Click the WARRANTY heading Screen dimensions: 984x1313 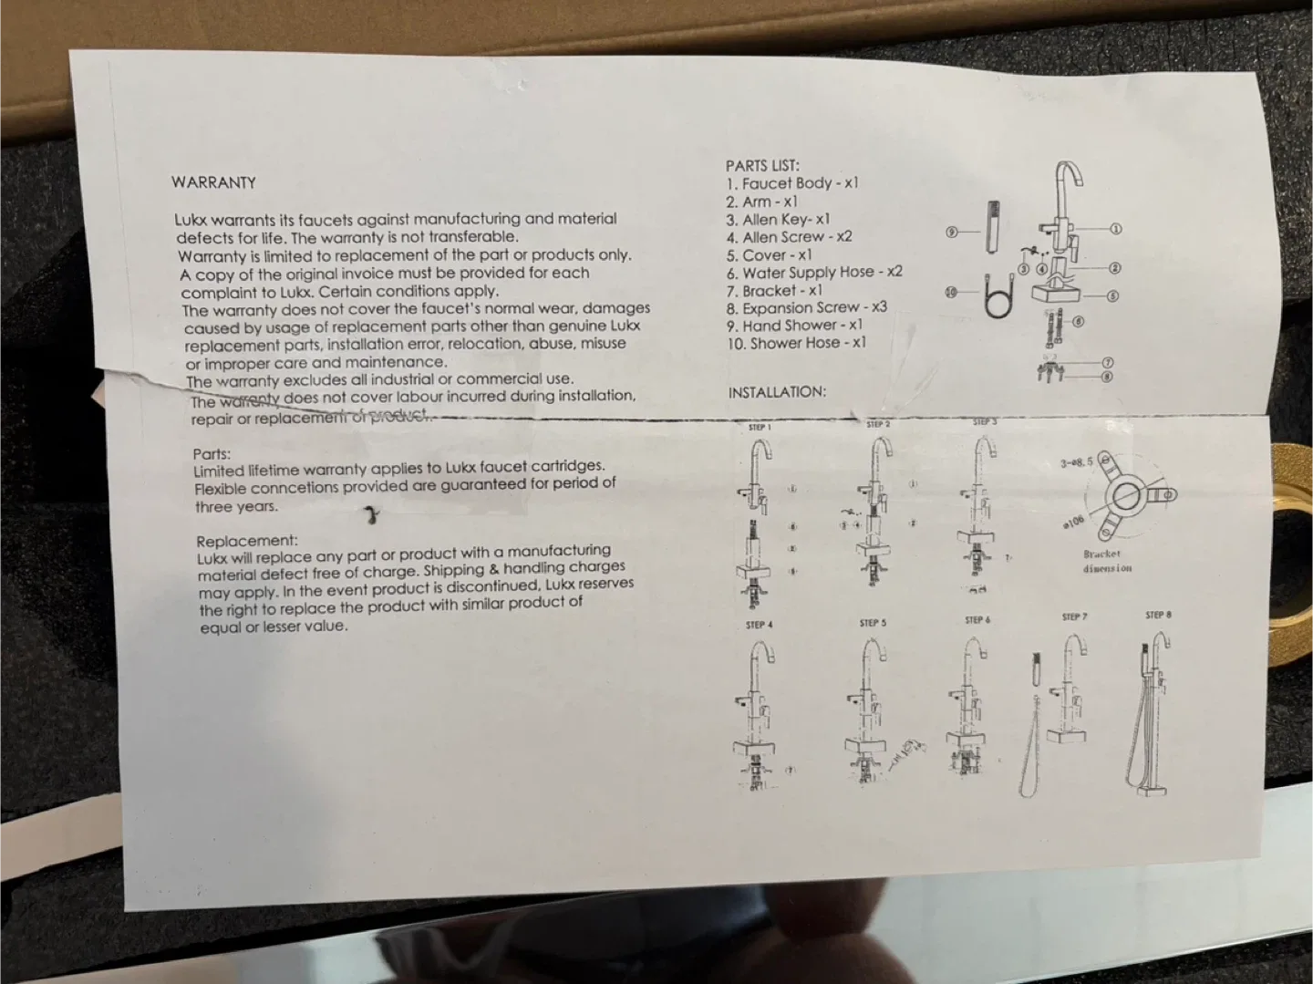pyautogui.click(x=213, y=182)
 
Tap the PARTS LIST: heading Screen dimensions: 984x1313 pyautogui.click(x=762, y=166)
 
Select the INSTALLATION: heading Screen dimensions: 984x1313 pyautogui.click(x=777, y=392)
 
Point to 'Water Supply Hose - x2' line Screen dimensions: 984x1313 pyautogui.click(x=814, y=273)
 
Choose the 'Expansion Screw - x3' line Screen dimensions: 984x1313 pyautogui.click(x=807, y=308)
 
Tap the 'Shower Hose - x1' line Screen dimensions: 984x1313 pyautogui.click(x=798, y=344)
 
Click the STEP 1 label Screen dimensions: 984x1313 pyautogui.click(x=760, y=428)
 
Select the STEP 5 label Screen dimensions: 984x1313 pyautogui.click(x=873, y=624)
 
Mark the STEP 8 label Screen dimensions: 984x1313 pyautogui.click(x=1158, y=616)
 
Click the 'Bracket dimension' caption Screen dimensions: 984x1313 pyautogui.click(x=1107, y=561)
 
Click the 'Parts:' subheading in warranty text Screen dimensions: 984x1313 pyautogui.click(x=212, y=454)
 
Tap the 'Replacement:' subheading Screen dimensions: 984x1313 pyautogui.click(x=247, y=541)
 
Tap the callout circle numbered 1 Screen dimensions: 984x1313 pyautogui.click(x=1115, y=230)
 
